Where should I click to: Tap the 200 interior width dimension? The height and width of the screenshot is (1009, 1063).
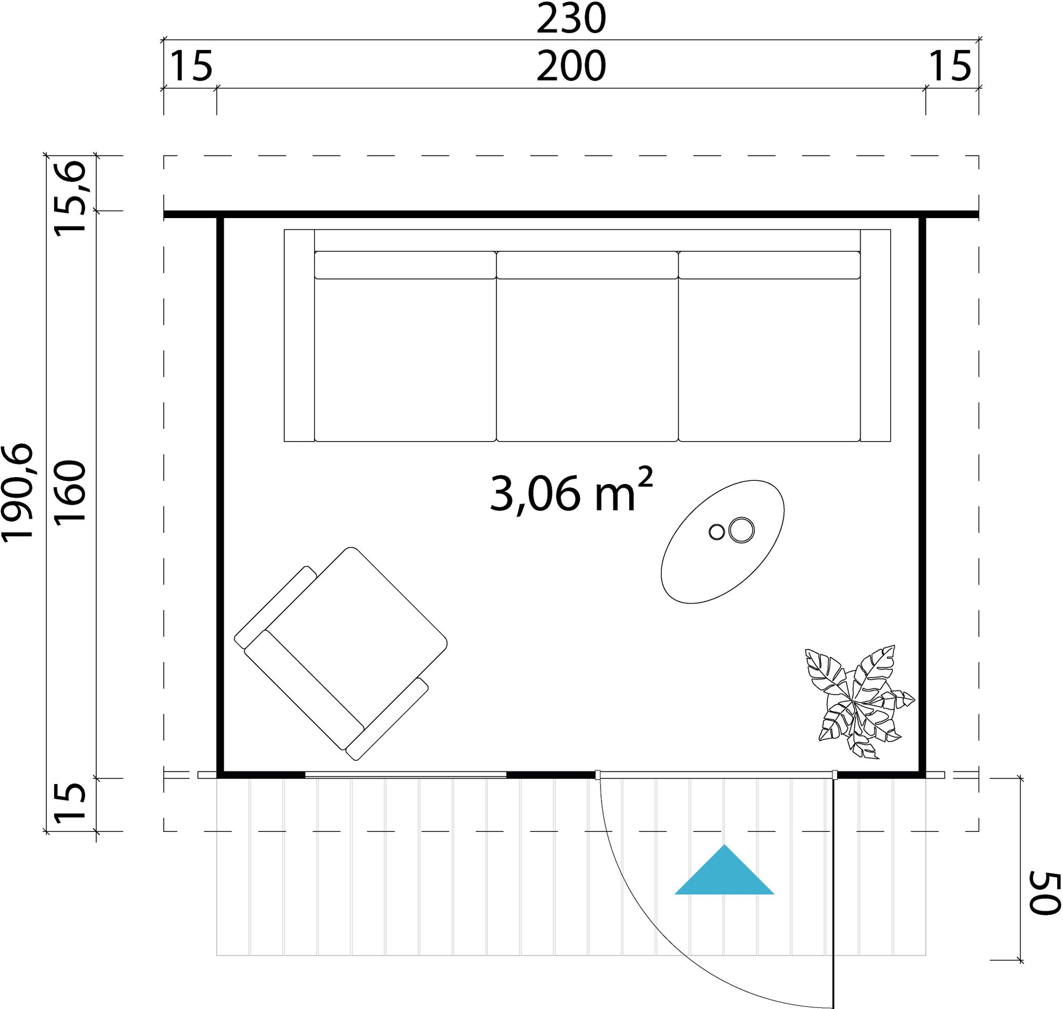(x=571, y=67)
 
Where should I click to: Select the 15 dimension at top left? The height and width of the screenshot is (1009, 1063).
(x=191, y=67)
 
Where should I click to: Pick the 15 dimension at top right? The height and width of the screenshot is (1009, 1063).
(x=950, y=67)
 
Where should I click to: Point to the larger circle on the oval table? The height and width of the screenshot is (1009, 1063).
(x=741, y=530)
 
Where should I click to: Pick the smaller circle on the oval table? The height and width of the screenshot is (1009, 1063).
(x=716, y=532)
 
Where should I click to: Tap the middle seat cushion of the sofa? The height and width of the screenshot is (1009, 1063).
(x=587, y=359)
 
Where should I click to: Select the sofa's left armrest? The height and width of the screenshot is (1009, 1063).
(x=299, y=336)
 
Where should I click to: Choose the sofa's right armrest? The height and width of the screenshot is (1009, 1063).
(x=875, y=336)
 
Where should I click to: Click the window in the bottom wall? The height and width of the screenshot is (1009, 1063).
(x=406, y=775)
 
